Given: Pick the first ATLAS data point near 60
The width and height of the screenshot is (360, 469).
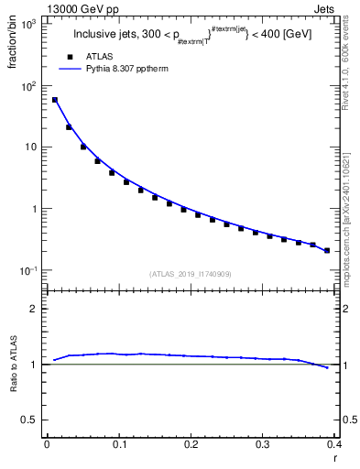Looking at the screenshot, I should tap(55, 100).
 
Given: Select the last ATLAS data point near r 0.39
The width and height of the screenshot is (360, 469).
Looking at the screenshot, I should tap(327, 250).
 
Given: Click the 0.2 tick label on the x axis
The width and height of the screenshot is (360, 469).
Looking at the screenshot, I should tap(191, 444).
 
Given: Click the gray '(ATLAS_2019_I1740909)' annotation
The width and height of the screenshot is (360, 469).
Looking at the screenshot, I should tap(191, 274).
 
